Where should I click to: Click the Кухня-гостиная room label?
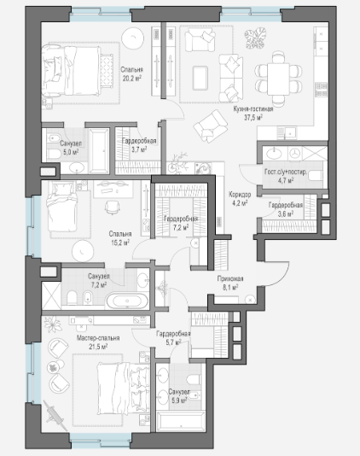(x=253, y=109)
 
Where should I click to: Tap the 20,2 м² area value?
(x=132, y=79)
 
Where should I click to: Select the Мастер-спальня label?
(x=98, y=338)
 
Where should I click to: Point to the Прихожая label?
(x=230, y=278)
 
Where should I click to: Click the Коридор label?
(x=240, y=194)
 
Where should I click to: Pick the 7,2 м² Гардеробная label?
(x=181, y=219)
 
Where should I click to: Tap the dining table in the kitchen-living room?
(x=278, y=79)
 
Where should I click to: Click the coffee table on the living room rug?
(x=200, y=78)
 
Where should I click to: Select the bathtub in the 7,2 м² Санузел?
(x=127, y=301)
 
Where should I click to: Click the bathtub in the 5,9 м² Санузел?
(x=181, y=421)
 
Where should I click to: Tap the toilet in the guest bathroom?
(x=315, y=176)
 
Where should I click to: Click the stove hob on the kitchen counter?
(x=322, y=90)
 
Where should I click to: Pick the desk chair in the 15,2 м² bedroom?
(x=112, y=208)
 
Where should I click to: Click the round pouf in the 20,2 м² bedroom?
(x=132, y=38)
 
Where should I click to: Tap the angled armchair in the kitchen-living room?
(x=211, y=126)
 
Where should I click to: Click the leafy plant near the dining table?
(x=255, y=38)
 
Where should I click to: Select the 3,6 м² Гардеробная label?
(x=286, y=209)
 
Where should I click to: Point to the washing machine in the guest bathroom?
(x=295, y=153)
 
